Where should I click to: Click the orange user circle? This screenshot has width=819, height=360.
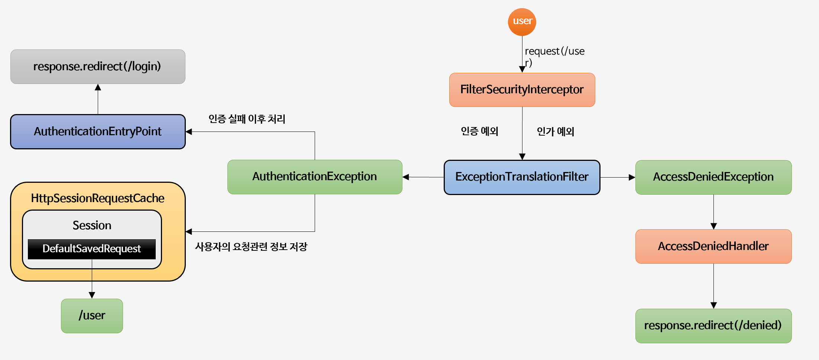click(522, 22)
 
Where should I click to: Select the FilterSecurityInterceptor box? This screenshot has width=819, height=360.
click(522, 90)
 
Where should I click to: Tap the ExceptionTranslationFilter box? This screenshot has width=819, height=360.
click(522, 177)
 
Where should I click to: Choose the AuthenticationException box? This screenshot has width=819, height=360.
click(314, 177)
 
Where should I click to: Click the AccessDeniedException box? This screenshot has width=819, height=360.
click(713, 177)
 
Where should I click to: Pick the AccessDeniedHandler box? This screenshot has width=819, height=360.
click(713, 246)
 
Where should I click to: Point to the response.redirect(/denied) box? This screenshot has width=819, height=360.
click(713, 326)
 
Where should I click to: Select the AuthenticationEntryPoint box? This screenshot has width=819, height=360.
click(98, 132)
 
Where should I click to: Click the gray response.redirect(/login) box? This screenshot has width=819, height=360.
click(98, 67)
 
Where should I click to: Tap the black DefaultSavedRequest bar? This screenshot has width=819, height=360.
click(91, 249)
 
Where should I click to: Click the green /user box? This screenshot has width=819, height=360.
click(92, 316)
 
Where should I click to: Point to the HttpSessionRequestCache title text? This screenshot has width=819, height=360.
click(98, 198)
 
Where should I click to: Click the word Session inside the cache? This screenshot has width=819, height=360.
click(92, 226)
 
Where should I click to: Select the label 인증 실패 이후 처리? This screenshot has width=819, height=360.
click(247, 119)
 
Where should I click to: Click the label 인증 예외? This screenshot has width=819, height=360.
click(479, 131)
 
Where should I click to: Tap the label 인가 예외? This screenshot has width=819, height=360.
click(556, 132)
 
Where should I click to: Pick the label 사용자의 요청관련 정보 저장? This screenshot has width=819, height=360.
click(251, 247)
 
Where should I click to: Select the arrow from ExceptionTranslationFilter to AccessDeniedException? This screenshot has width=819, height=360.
click(618, 178)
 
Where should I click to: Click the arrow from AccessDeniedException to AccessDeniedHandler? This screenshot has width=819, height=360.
click(713, 212)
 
